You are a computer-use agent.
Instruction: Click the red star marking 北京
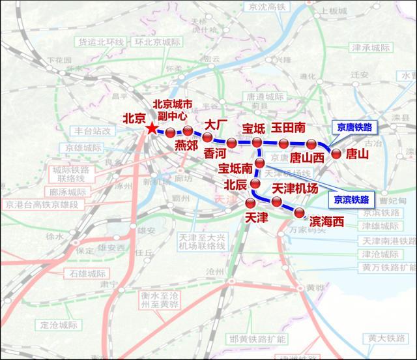(152, 128)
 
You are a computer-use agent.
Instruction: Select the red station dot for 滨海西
(300, 212)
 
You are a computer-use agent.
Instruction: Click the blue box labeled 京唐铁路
(354, 128)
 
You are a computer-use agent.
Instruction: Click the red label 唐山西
(307, 157)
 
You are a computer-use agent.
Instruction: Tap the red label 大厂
(215, 124)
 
